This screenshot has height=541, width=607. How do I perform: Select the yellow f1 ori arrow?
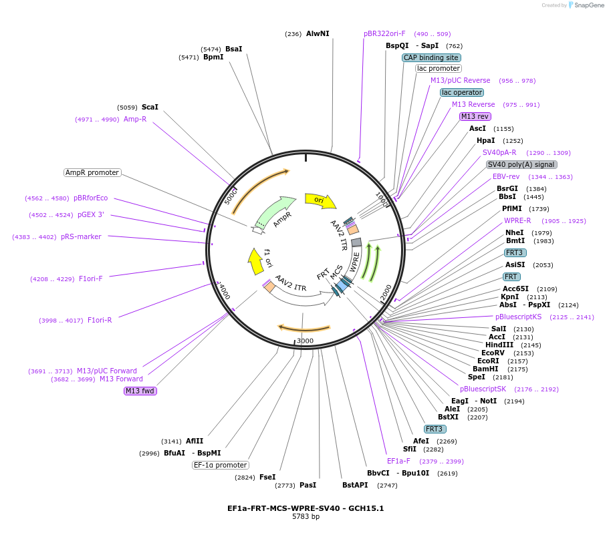pos(255,261)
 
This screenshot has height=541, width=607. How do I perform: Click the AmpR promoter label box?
pos(92,172)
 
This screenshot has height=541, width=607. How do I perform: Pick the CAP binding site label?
pos(431,57)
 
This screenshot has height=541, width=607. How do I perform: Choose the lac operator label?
pos(462,92)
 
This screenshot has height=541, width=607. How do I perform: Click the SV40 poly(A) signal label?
pos(521,164)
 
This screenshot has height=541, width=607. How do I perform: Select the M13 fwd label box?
pos(140,391)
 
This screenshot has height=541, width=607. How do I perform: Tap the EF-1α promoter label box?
pos(221,465)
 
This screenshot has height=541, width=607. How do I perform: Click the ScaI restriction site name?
pos(150,107)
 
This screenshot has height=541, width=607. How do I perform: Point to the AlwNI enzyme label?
pos(318,33)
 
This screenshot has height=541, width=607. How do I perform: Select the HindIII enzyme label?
pos(499,345)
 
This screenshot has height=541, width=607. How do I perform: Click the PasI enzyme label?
pos(308,485)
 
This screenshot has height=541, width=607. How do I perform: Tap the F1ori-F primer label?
pos(91,279)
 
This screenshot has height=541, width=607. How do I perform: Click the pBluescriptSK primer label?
pos(483,389)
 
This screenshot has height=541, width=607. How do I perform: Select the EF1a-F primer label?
pos(398,461)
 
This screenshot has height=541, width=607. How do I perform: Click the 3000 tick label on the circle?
pos(305,341)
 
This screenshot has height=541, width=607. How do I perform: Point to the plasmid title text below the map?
pos(306,508)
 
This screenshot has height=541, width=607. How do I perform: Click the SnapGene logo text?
pos(588,5)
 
